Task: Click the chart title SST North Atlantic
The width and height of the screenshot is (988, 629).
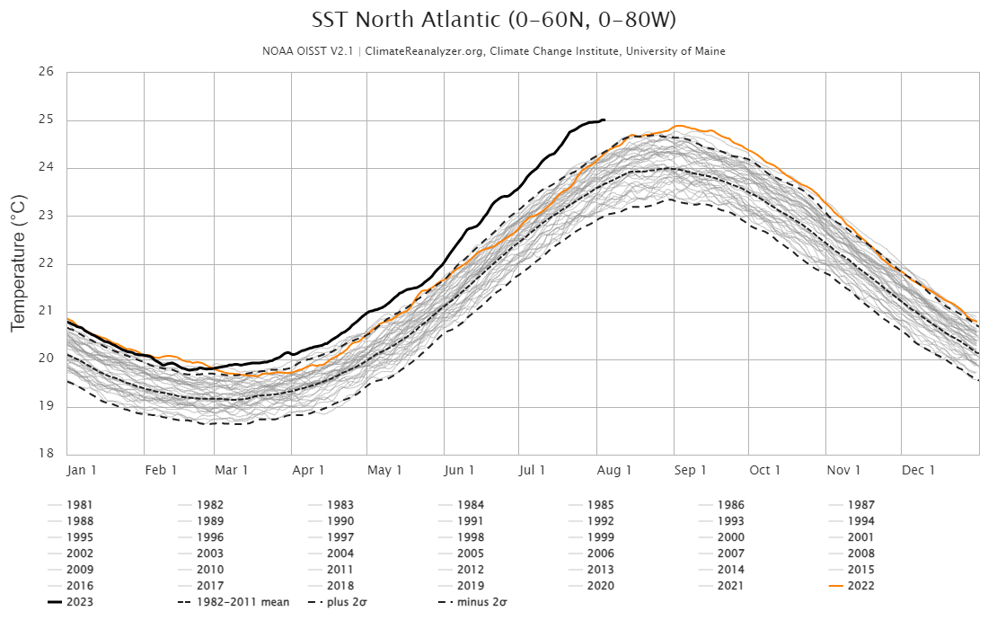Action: (x=493, y=20)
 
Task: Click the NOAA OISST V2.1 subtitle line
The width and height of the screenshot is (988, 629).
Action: (x=493, y=51)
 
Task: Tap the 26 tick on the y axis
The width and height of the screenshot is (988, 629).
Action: (x=48, y=72)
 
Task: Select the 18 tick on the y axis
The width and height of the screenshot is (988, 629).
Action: (x=48, y=454)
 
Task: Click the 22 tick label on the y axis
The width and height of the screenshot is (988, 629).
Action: (x=48, y=263)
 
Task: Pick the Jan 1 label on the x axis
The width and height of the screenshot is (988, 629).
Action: (x=82, y=470)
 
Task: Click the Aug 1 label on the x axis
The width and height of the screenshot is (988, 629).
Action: (x=615, y=470)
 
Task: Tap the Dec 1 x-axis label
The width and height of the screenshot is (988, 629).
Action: (x=919, y=470)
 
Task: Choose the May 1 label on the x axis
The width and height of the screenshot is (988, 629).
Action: (x=385, y=470)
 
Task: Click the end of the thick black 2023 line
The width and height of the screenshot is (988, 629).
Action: (x=604, y=120)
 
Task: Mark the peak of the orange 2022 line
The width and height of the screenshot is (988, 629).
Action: (x=678, y=126)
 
